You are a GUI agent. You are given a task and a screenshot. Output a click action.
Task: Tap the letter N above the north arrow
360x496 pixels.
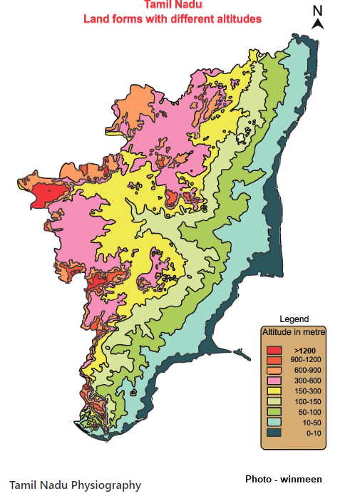pyautogui.click(x=319, y=10)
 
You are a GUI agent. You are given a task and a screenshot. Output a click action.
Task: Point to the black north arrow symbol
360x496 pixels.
pyautogui.click(x=319, y=24)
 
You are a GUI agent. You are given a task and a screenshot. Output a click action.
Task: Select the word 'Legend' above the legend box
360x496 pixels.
pyautogui.click(x=294, y=319)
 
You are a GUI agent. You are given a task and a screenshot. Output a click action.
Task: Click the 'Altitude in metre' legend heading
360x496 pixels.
pyautogui.click(x=294, y=332)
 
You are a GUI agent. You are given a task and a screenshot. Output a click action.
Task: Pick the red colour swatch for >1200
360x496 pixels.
pyautogui.click(x=274, y=351)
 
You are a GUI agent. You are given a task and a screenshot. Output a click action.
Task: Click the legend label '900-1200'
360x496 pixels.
pyautogui.click(x=305, y=361)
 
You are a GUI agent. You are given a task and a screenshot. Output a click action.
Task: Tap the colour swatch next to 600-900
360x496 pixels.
pyautogui.click(x=274, y=371)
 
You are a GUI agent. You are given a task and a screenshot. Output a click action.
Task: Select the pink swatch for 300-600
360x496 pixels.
pyautogui.click(x=274, y=381)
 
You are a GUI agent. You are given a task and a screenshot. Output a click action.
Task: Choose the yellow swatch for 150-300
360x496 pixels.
pyautogui.click(x=274, y=391)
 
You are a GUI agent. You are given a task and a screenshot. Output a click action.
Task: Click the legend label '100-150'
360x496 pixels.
pyautogui.click(x=305, y=402)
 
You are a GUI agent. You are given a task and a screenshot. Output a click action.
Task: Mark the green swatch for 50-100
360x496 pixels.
pyautogui.click(x=274, y=412)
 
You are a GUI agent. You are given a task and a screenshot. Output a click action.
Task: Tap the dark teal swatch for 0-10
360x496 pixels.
pyautogui.click(x=274, y=432)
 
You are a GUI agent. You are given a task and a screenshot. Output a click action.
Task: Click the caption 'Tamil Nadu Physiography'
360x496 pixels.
pyautogui.click(x=76, y=485)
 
